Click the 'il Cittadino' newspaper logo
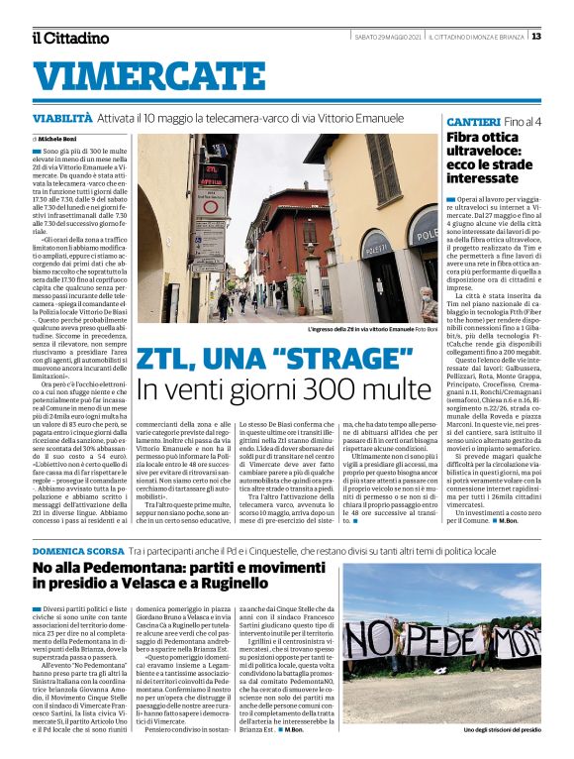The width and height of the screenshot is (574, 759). click(x=69, y=38)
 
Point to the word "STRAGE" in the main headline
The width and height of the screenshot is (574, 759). click(x=335, y=360)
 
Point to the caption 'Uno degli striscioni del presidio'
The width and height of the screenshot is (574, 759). click(x=504, y=731)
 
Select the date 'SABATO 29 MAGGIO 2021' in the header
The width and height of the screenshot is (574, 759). click(x=389, y=37)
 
